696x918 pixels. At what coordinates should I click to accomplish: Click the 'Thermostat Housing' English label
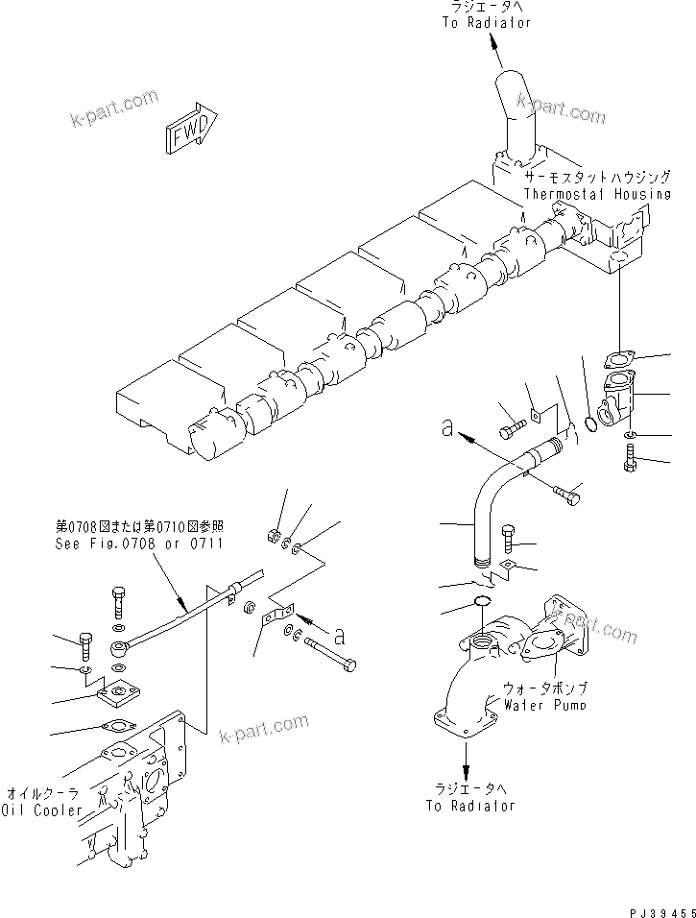pos(596,194)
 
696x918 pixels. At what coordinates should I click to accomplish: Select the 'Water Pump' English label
pos(544,704)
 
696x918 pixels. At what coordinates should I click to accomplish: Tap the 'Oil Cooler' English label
pos(44,810)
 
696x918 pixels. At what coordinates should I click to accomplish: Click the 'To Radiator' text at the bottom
pos(470,806)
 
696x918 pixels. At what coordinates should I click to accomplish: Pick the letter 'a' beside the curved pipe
pos(447,428)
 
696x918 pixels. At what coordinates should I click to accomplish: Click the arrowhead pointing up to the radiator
pos(492,41)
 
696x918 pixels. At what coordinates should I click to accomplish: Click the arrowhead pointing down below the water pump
pos(466,773)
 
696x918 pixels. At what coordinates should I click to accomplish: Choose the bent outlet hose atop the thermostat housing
pos(512,106)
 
